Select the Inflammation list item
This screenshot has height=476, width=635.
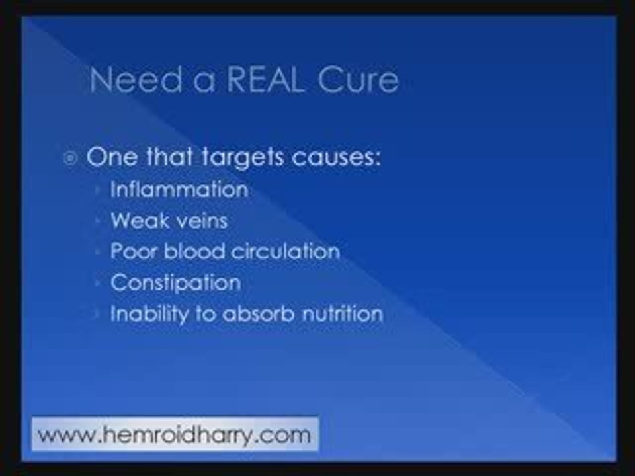(x=179, y=190)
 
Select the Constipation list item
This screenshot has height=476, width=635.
(x=175, y=282)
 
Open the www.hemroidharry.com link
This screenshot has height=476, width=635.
(x=175, y=435)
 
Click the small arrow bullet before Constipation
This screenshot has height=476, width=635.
(x=98, y=283)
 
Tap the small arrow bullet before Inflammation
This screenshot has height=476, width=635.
(x=98, y=190)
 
